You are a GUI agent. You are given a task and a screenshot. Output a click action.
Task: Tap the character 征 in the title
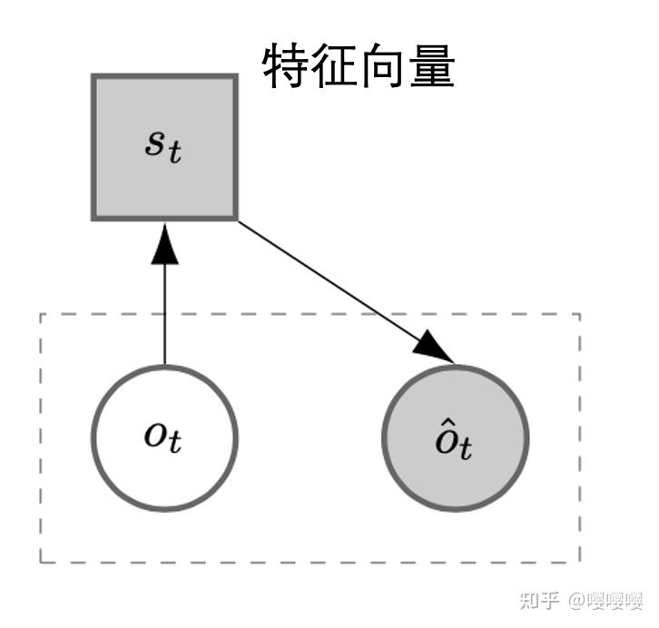(335, 66)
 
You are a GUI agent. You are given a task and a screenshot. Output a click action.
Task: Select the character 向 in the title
(383, 66)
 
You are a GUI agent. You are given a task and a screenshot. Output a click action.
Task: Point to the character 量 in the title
(431, 66)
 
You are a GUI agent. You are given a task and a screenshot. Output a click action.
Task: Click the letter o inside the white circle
(155, 434)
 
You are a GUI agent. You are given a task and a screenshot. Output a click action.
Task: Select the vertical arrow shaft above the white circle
(164, 313)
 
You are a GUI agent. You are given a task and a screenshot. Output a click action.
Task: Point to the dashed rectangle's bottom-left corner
(41, 562)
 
